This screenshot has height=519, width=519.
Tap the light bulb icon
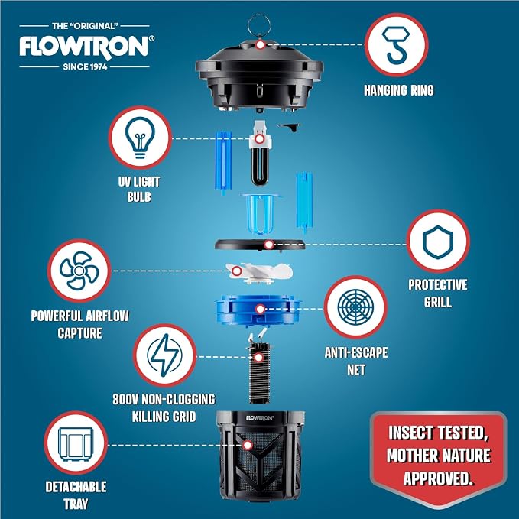(140, 138)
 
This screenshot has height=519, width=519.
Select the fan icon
(79, 271)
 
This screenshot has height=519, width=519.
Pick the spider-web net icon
(355, 307)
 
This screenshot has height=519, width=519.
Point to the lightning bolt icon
(164, 355)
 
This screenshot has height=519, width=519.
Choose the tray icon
(76, 443)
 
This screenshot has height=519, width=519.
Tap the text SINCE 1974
(85, 66)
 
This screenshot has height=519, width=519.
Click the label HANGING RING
(399, 90)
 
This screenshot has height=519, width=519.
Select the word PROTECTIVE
(437, 284)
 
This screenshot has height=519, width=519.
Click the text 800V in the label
(125, 399)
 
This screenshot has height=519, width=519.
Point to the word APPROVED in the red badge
(437, 478)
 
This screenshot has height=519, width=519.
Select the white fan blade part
(259, 273)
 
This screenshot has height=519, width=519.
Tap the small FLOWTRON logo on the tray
(260, 417)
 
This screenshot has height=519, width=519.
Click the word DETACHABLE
(76, 487)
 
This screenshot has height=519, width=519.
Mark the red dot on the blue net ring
(261, 309)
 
